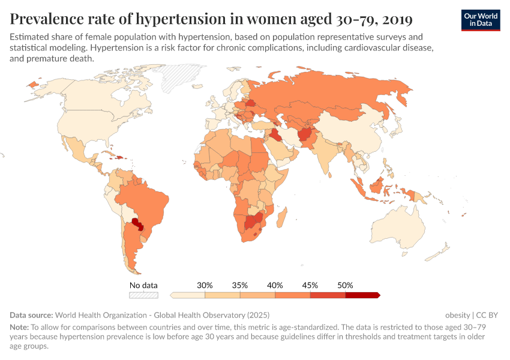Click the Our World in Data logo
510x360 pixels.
pyautogui.click(x=481, y=20)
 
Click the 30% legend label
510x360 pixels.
pyautogui.click(x=205, y=285)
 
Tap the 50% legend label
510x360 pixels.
pyautogui.click(x=345, y=285)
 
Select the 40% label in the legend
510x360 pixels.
pyautogui.click(x=275, y=285)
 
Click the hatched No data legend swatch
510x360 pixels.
pyautogui.click(x=144, y=295)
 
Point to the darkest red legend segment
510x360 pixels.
pyautogui.click(x=362, y=295)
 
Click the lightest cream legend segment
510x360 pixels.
pyautogui.click(x=188, y=295)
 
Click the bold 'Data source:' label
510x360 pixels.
pyautogui.click(x=31, y=314)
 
